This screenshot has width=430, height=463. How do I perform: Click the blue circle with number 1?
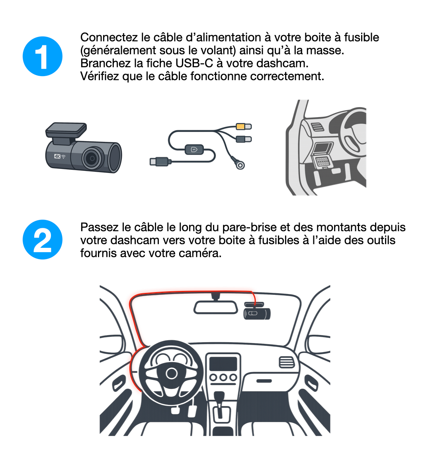43,57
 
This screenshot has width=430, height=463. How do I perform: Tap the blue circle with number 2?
43,239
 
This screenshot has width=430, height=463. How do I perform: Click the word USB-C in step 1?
194,63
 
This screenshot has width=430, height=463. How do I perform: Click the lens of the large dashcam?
92,158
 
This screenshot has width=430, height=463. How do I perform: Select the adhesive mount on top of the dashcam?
66,130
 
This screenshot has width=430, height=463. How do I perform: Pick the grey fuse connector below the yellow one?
244,139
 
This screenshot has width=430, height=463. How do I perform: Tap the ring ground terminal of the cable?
240,165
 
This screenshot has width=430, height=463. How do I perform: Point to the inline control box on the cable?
194,149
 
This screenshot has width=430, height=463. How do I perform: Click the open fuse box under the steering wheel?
322,156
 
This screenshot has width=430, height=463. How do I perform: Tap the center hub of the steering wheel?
172,373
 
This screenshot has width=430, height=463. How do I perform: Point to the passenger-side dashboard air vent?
287,362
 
